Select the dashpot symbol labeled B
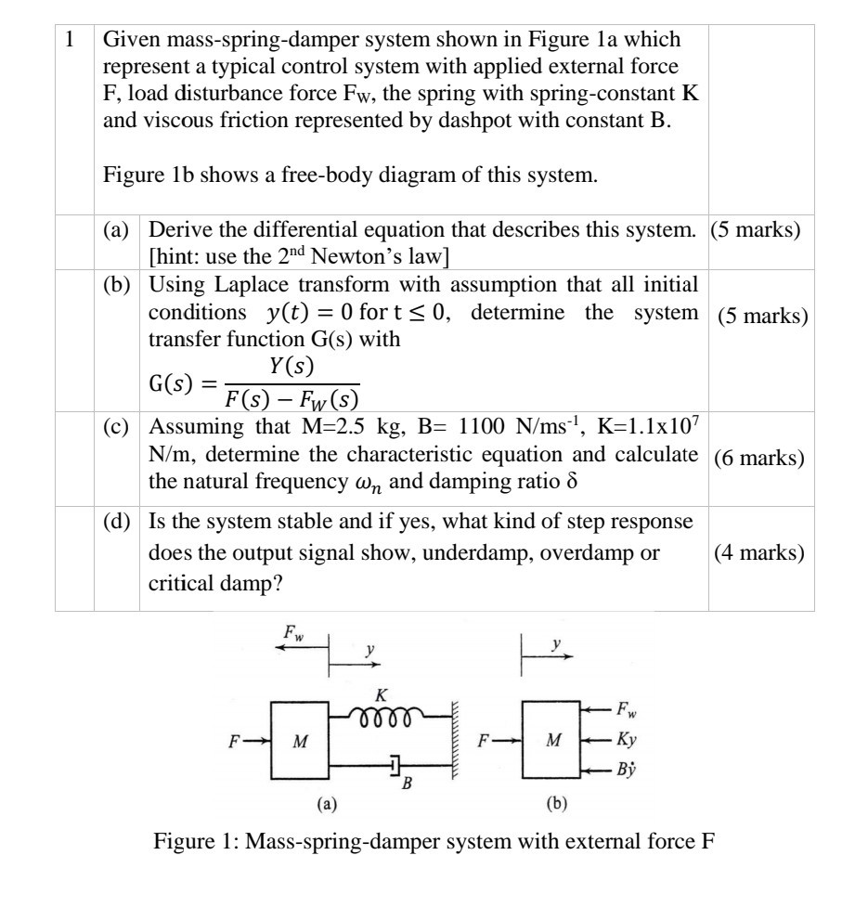pos(395,765)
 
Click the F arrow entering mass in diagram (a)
pos(249,741)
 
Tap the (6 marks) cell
pos(760,459)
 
